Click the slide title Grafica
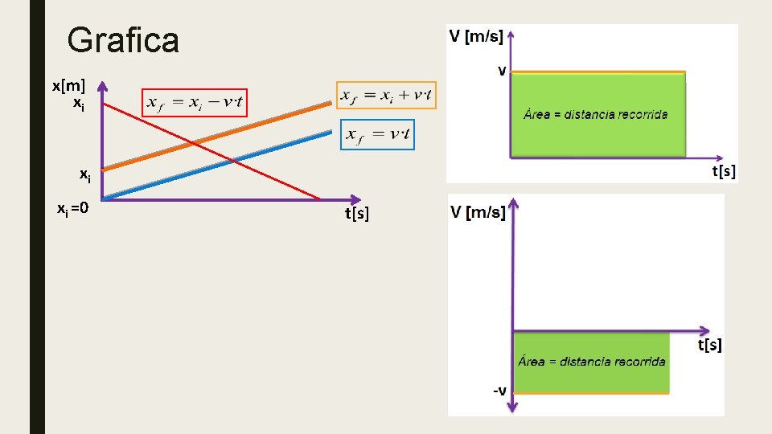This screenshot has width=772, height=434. point(123,40)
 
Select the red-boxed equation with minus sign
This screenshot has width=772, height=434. point(195,103)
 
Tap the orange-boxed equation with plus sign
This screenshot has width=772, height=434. point(387,95)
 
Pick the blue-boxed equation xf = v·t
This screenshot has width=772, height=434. point(378,135)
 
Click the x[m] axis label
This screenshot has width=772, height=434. point(68,85)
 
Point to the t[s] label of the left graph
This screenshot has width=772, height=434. point(357,213)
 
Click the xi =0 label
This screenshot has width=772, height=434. point(72,210)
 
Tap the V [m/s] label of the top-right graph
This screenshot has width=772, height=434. point(475,36)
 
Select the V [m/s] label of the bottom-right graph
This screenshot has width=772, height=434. point(478,212)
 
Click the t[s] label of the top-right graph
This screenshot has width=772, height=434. point(724,171)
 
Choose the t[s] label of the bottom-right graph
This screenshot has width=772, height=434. point(709,345)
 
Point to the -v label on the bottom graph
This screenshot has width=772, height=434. point(499,391)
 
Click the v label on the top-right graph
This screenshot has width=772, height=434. point(502,71)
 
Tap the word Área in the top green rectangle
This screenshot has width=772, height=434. point(536,114)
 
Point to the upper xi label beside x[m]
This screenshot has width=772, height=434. point(79,103)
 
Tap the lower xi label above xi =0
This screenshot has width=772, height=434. point(84,174)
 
